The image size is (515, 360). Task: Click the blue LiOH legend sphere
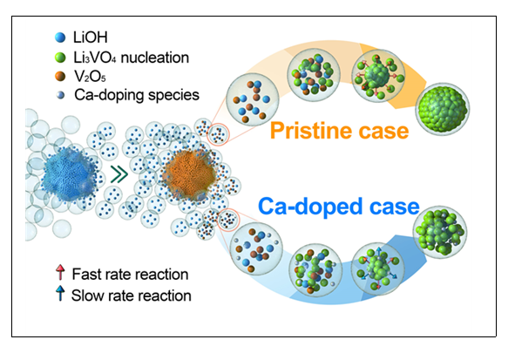[x=60, y=37]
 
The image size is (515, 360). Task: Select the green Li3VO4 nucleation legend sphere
[x=60, y=58]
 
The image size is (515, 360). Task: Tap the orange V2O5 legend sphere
[x=60, y=76]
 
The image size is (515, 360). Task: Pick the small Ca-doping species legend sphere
[x=60, y=95]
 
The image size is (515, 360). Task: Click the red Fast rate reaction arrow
[x=60, y=272]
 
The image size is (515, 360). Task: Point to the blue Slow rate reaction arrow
[x=60, y=294]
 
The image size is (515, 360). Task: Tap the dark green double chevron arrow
[x=119, y=174]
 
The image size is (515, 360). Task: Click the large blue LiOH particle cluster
[x=70, y=173]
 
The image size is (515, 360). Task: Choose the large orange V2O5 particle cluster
[x=190, y=173]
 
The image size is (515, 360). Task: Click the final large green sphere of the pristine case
[x=443, y=109]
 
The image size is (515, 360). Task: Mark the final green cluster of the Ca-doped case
[x=440, y=232]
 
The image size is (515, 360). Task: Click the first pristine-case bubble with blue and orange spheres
[x=253, y=100]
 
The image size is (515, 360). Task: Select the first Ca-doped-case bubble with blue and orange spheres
[x=256, y=249]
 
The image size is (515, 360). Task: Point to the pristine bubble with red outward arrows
[x=378, y=76]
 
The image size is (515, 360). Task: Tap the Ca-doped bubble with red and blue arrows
[x=378, y=268]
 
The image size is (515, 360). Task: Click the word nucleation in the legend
[x=155, y=58]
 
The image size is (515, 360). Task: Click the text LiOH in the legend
[x=91, y=37]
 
